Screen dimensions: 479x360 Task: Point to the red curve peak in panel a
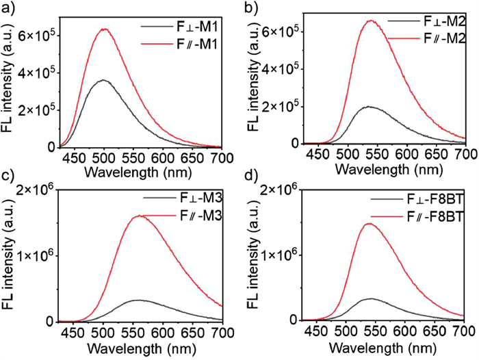tap(105, 29)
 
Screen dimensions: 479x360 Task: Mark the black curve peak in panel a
tap(103, 80)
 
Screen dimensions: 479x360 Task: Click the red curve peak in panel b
tap(371, 21)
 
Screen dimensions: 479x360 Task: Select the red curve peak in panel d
tap(371, 223)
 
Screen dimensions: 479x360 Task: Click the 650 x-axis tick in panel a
tap(194, 158)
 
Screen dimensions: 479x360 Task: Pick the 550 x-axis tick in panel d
tap(375, 331)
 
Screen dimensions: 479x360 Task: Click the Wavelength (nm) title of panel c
tap(140, 348)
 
